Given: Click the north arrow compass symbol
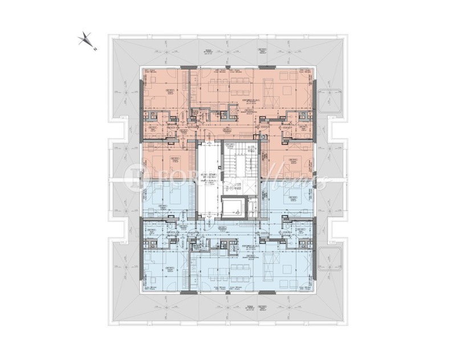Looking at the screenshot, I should pyautogui.click(x=85, y=39).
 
